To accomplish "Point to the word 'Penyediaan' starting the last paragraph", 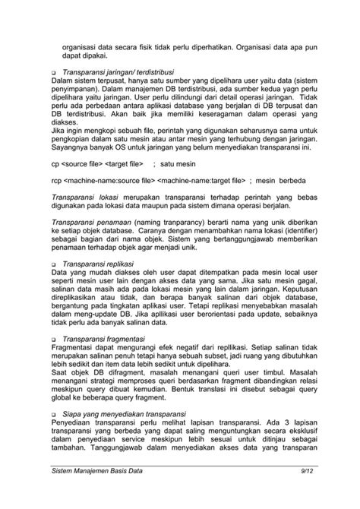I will coord(74,419).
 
